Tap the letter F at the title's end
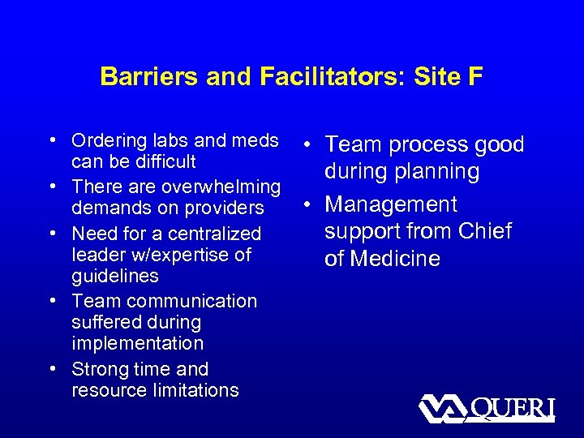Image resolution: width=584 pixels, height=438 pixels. pos(475,77)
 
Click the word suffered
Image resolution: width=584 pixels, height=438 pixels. pos(104,322)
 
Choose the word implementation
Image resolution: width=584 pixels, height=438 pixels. pos(137,343)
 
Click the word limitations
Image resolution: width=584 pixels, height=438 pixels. pos(195,390)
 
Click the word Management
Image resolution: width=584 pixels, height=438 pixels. pos(391,204)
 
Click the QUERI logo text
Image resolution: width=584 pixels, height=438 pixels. pos(513,409)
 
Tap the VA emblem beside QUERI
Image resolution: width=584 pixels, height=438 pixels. pos(441,409)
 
